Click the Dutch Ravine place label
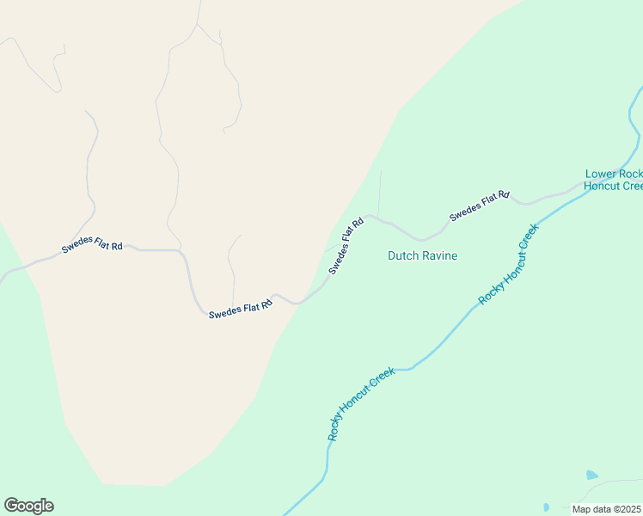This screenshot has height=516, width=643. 422,255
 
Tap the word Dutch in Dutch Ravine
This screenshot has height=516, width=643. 402,255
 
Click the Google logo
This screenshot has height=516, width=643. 28,505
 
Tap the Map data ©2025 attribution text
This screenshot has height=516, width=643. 607,509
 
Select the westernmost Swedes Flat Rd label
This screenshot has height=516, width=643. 92,247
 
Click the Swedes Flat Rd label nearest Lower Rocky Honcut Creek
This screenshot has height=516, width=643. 480,206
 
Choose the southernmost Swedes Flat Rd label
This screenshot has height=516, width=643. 240,307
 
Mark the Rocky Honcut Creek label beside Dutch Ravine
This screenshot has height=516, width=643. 508,262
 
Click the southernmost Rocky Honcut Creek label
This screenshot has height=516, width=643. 361,403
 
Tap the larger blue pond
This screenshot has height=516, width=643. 591,475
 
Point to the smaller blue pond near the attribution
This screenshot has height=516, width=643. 546,507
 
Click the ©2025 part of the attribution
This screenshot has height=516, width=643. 627,509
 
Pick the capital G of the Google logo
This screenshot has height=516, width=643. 12,505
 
